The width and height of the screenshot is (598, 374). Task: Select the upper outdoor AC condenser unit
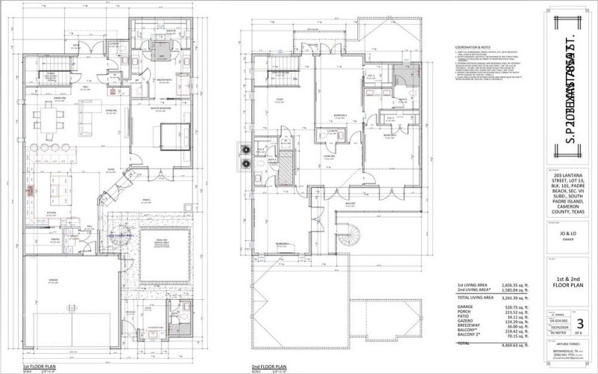(x=243, y=148)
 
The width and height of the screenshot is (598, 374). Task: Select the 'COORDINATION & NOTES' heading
(x=472, y=46)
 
